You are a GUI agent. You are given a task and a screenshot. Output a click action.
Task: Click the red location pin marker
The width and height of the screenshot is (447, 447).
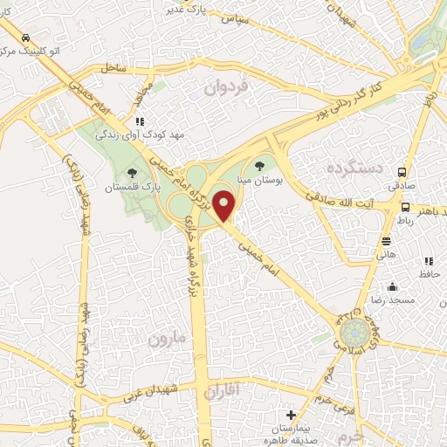pos(225,205)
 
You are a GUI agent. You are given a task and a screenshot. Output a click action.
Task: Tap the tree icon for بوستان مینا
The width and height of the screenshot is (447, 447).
pos(258,163)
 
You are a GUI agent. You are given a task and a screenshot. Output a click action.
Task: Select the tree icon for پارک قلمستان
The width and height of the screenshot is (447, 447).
pos(132,172)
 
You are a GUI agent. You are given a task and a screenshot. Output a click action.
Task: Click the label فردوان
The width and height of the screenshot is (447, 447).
pos(227,88)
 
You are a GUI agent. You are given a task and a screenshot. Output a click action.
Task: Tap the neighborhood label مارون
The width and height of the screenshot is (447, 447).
pos(167,339)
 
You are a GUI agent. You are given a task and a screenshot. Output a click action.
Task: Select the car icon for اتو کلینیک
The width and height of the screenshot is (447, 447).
pos(27,38)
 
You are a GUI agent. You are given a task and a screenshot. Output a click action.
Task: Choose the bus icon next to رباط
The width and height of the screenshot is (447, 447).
pos(406,207)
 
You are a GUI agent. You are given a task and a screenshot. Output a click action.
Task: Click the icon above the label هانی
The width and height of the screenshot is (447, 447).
pos(386,241)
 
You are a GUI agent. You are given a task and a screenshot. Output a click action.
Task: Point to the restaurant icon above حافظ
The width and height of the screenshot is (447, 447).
pos(428,261)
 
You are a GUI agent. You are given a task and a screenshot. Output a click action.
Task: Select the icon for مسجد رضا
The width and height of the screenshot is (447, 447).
pos(393,285)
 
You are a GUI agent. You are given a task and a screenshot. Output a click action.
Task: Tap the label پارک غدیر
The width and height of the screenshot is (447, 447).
pos(191,10)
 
